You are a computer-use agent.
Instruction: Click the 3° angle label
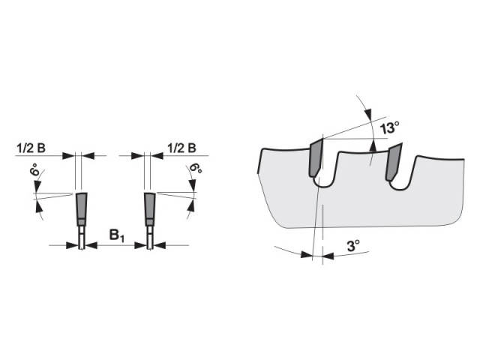[x=353, y=246]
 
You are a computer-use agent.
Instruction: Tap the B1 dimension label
[x=117, y=235]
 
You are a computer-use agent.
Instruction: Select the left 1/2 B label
[x=31, y=148]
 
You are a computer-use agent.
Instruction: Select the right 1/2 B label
[x=181, y=148]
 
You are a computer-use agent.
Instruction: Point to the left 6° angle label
[x=35, y=169]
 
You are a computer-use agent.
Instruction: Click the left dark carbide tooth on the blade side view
[x=316, y=157]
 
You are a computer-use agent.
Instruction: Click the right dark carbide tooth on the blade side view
[x=394, y=162]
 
